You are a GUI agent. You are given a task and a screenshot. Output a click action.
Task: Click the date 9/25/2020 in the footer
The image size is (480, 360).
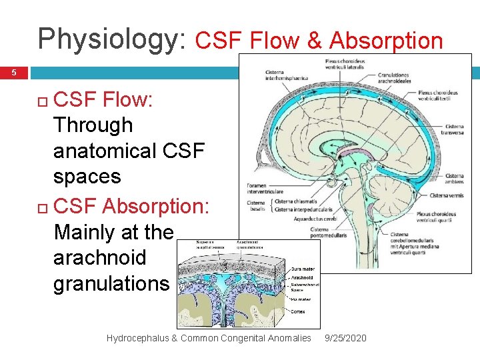coord(345,338)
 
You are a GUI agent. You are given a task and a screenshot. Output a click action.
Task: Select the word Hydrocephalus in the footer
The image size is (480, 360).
coord(136,338)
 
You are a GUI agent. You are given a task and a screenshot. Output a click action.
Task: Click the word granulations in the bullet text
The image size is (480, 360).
coord(111,283)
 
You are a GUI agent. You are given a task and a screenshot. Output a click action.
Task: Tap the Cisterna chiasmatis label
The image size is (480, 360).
coord(297,201)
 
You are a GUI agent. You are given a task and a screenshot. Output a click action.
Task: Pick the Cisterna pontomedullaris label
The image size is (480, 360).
coord(328,232)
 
